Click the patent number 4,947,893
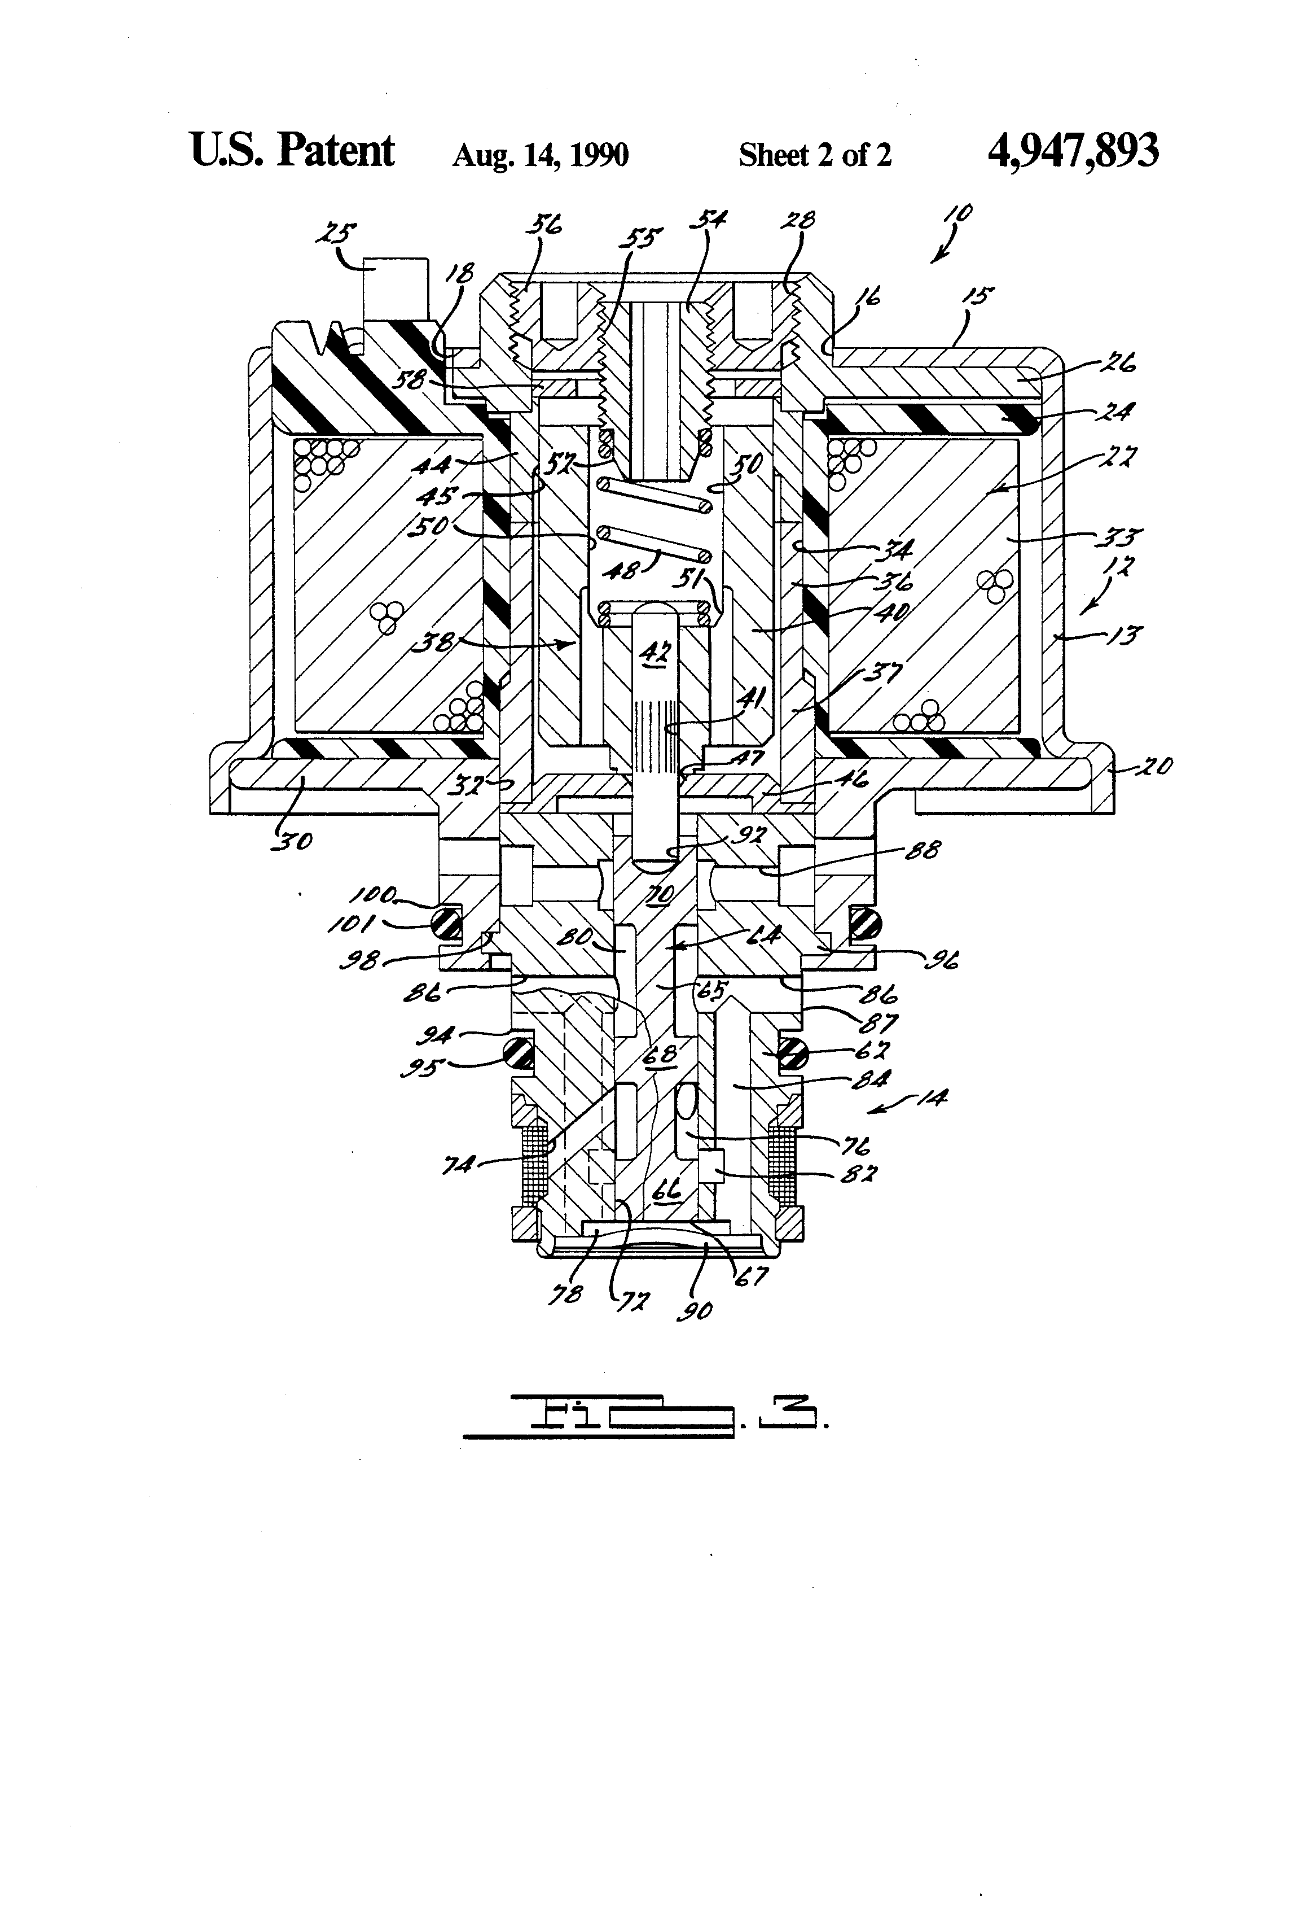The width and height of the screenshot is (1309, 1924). tap(1073, 151)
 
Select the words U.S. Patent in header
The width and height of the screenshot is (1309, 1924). tap(292, 151)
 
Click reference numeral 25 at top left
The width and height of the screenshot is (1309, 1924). tap(337, 234)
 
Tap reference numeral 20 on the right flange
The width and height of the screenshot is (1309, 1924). tap(1153, 767)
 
